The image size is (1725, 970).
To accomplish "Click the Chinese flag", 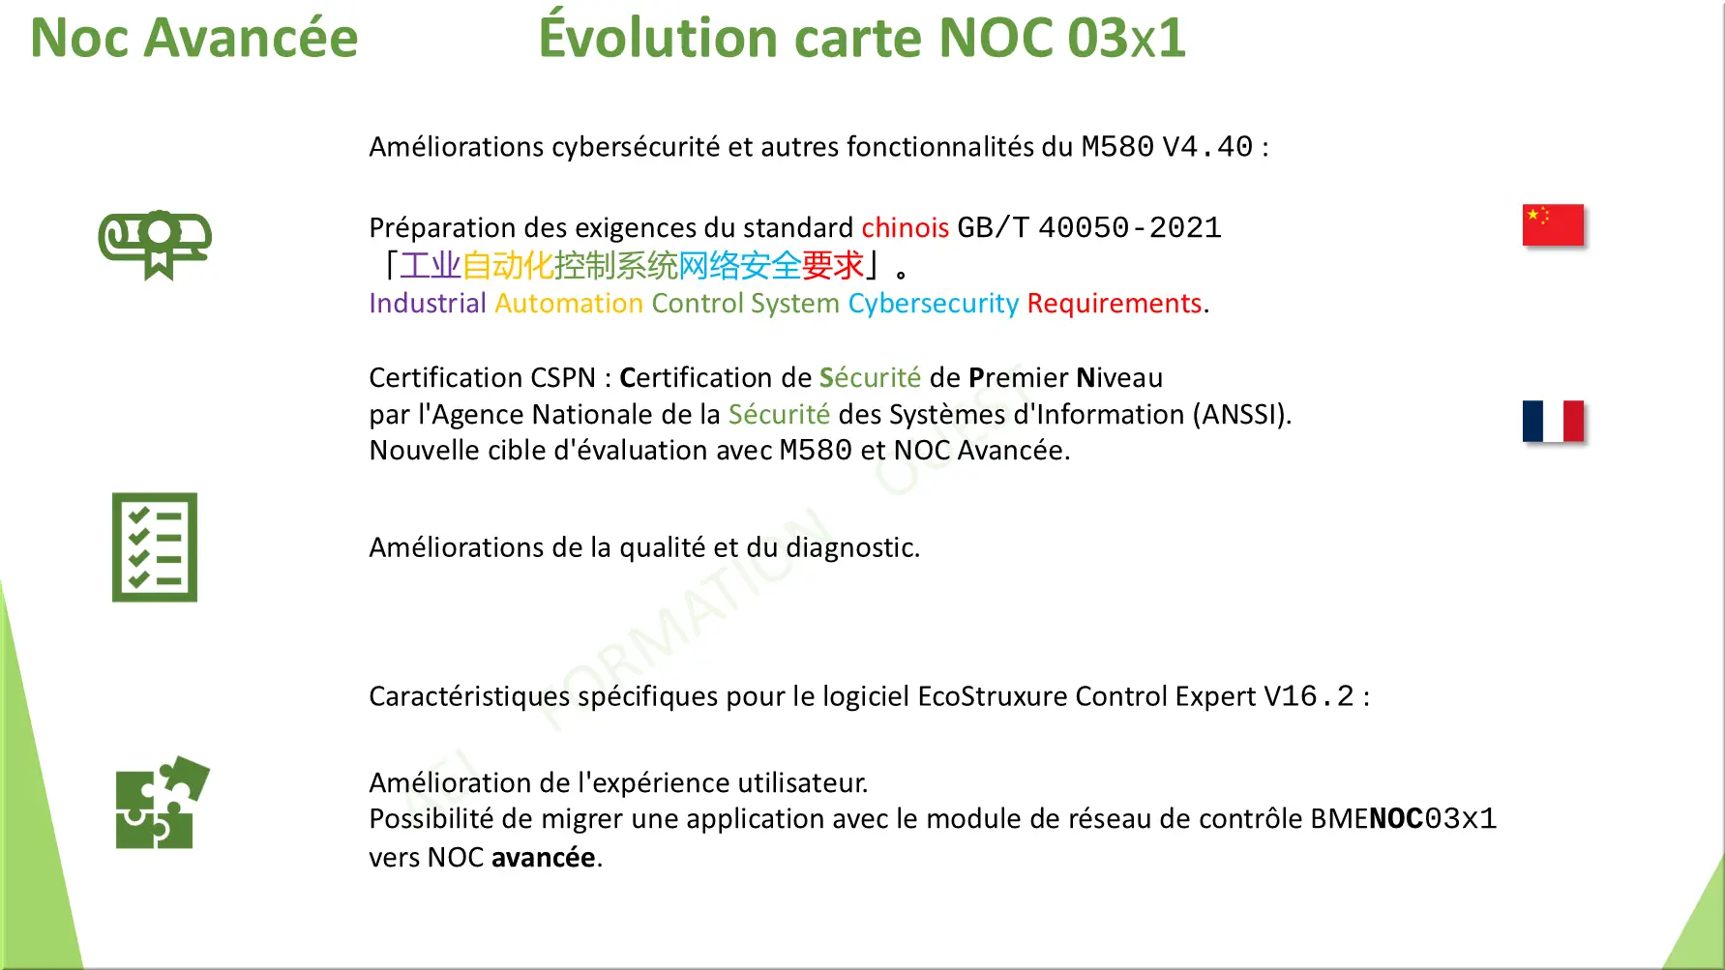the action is point(1553,225).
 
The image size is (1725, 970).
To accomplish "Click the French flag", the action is point(1553,421).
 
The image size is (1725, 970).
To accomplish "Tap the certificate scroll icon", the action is point(155,245).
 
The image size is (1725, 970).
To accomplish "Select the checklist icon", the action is point(155,547).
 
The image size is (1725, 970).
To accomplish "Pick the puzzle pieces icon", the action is point(162,803).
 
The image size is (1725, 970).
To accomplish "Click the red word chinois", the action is point(905,227).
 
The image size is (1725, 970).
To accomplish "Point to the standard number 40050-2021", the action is point(1130,227).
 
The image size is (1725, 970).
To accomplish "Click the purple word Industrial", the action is point(428,304).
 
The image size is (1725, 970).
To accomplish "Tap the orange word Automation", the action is point(569,304).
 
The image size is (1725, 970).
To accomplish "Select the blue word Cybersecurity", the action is point(934,304).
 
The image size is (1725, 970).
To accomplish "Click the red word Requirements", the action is point(1115,304).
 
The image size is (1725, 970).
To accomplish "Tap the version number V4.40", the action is point(1207,147).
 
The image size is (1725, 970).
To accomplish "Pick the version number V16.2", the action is point(1309,696).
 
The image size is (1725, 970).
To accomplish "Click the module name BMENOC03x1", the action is point(1403,819).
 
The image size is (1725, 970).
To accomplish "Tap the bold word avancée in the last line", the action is point(543,858).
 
